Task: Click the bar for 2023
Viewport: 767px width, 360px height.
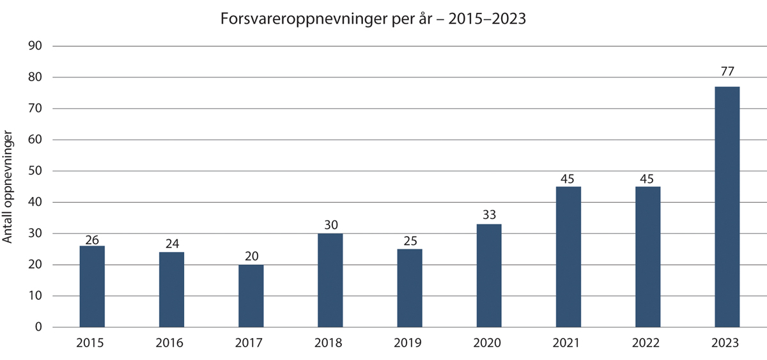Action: tap(727, 207)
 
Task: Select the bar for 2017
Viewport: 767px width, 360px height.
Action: tap(251, 296)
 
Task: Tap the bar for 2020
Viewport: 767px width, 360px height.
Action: tap(489, 276)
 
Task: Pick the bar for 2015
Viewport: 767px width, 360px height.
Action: tap(92, 286)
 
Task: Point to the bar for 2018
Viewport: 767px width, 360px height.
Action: tap(330, 280)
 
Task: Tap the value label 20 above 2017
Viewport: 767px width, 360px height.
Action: tap(251, 256)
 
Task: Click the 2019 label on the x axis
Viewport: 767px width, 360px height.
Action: tap(409, 343)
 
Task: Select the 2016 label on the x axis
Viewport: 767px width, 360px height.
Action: tap(171, 343)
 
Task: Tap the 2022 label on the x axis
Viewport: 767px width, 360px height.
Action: tap(647, 343)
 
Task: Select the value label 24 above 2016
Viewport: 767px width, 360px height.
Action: tap(171, 244)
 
